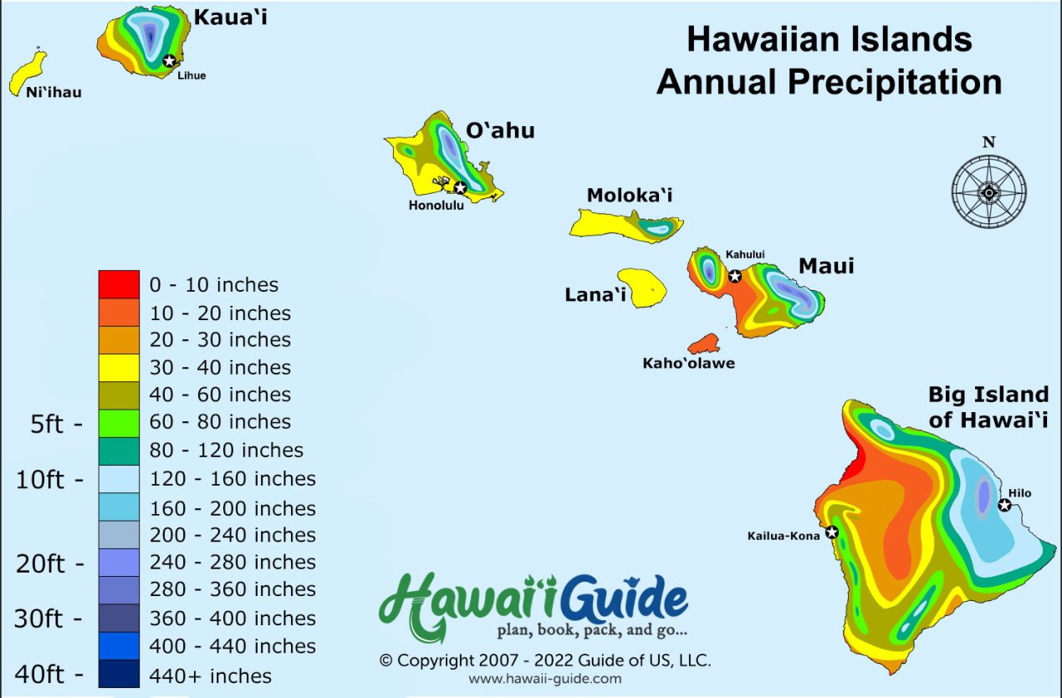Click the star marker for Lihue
pyautogui.click(x=170, y=60)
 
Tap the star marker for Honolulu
pyautogui.click(x=460, y=187)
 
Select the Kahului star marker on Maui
pyautogui.click(x=735, y=276)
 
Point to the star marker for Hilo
pyautogui.click(x=1004, y=505)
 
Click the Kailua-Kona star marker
pyautogui.click(x=831, y=532)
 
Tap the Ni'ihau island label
pyautogui.click(x=54, y=93)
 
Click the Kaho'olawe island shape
pyautogui.click(x=704, y=344)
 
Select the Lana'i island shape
pyautogui.click(x=642, y=287)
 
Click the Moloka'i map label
pyautogui.click(x=629, y=196)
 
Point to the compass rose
pyautogui.click(x=988, y=191)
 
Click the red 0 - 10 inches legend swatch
pyautogui.click(x=119, y=284)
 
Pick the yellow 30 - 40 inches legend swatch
pyautogui.click(x=119, y=367)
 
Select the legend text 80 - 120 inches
pyautogui.click(x=226, y=451)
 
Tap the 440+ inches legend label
pyautogui.click(x=210, y=675)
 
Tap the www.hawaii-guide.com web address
pyautogui.click(x=544, y=679)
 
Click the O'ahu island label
pyautogui.click(x=500, y=130)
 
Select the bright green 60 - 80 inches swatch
pyautogui.click(x=119, y=422)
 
